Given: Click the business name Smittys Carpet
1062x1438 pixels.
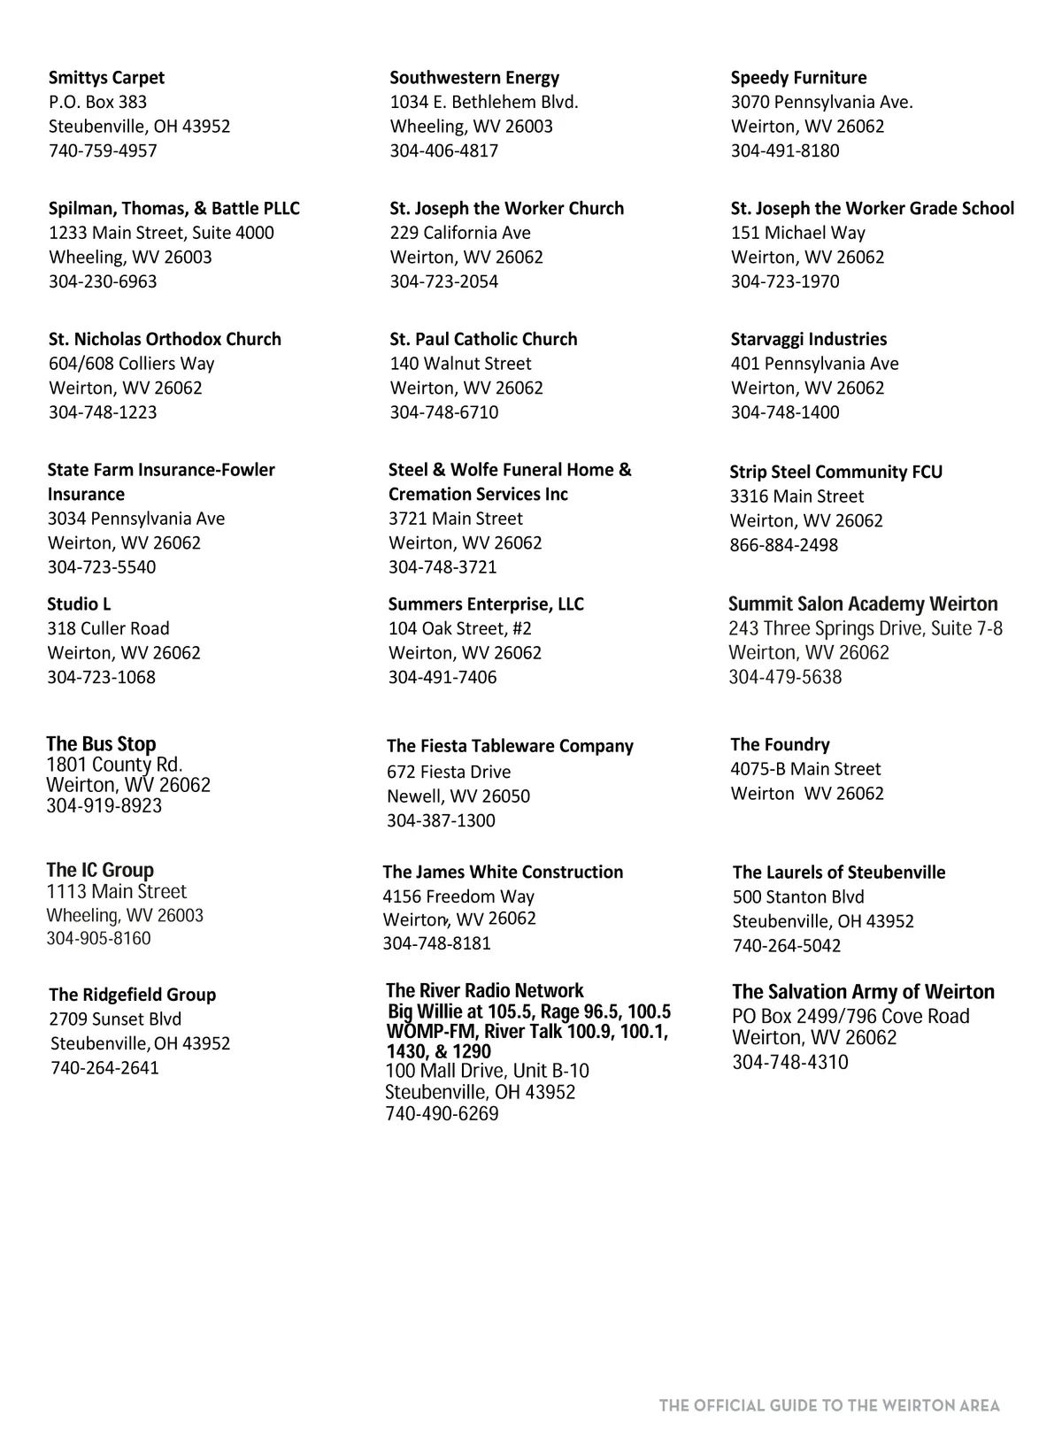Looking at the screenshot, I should pos(106,78).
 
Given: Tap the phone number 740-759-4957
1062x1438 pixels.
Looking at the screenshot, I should pos(103,151).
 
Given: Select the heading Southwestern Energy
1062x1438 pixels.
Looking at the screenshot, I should pos(474,78).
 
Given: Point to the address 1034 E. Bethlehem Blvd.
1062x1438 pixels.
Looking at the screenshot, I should pos(484,103).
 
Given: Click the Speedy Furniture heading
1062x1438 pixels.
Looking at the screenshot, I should pos(798,78).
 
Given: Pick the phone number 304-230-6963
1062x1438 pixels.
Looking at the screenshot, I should pos(103,282).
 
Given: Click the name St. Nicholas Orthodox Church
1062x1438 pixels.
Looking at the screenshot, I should pos(165,340).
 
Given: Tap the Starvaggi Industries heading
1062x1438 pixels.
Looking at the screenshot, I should pos(808,340).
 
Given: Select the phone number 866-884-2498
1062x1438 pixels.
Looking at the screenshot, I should pos(783,546).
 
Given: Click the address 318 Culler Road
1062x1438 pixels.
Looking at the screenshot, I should pos(108,629).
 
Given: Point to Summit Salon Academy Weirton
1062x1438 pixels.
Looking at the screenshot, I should pos(862,604).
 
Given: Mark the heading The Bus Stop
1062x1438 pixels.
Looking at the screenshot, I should pos(101,744).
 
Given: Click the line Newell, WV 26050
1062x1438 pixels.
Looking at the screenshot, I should pos(458,796).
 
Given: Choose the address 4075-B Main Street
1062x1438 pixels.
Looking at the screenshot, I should pos(805,770).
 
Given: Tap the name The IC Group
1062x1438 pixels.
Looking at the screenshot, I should pos(100,871).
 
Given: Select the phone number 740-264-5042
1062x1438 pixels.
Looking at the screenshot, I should pos(786,946).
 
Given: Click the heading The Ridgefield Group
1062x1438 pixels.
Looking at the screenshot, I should pos(132,996).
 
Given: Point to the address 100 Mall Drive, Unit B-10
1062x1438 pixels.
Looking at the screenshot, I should pos(487,1072).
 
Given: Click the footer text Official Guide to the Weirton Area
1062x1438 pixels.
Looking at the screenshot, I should pos(829,1406).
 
